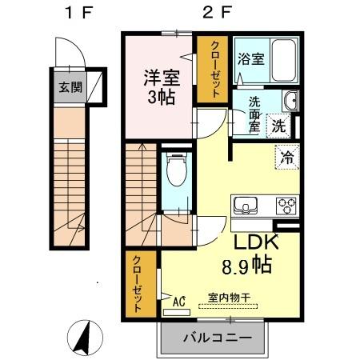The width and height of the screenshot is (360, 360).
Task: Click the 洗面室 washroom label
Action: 254,114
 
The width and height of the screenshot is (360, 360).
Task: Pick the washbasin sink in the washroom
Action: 292,102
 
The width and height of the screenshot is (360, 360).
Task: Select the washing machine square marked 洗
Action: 278,126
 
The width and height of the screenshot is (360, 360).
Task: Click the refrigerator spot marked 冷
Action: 286,157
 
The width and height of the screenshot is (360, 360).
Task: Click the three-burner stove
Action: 286,205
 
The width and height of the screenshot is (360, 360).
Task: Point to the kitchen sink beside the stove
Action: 245,204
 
